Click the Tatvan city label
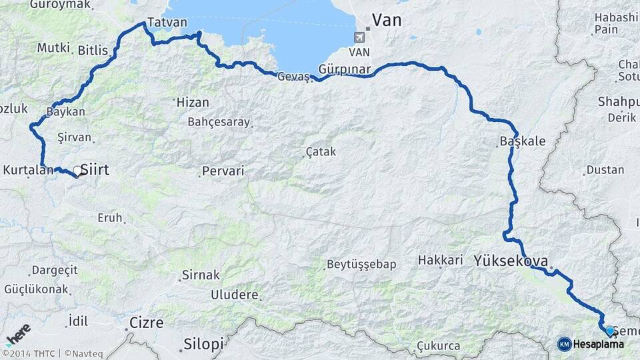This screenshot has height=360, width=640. click(x=163, y=22)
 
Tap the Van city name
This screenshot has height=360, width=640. click(x=387, y=20)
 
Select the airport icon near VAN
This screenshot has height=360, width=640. click(x=361, y=36)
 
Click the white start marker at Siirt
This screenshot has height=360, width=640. click(x=77, y=171)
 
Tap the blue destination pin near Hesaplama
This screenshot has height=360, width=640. click(x=609, y=330)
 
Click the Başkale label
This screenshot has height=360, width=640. click(x=523, y=141)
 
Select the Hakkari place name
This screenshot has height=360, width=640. click(x=440, y=260)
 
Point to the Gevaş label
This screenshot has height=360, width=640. click(x=293, y=77)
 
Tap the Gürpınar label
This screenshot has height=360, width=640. click(x=344, y=69)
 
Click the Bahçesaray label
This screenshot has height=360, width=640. click(x=219, y=122)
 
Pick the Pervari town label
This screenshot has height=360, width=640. click(x=223, y=171)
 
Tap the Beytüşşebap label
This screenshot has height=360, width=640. click(x=361, y=264)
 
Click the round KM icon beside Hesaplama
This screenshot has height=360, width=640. click(x=564, y=344)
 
